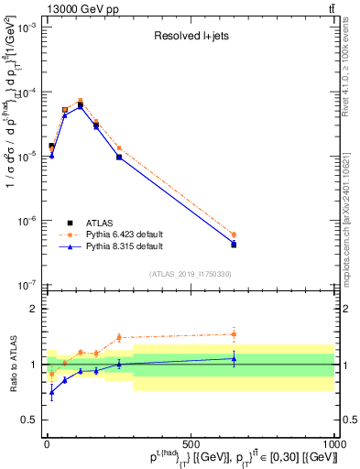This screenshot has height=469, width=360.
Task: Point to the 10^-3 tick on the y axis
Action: [27, 27]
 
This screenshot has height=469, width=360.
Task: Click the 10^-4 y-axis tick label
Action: [27, 93]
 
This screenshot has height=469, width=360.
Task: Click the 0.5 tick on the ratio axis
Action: [29, 420]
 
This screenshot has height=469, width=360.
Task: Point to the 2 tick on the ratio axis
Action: [35, 309]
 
